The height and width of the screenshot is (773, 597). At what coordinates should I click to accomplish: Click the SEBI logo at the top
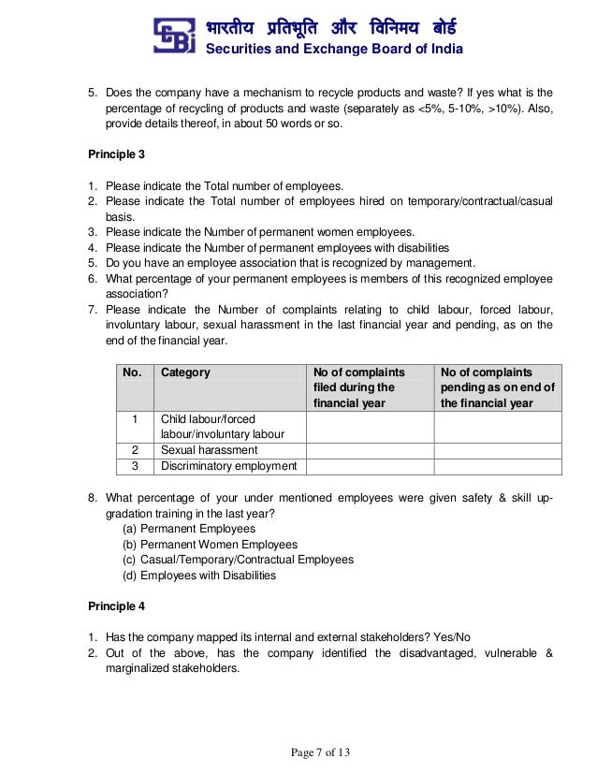point(177,37)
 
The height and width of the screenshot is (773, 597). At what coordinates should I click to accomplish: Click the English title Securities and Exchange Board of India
point(333,50)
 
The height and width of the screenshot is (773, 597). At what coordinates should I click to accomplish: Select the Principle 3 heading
point(116,153)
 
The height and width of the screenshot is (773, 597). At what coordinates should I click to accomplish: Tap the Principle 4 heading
point(116,606)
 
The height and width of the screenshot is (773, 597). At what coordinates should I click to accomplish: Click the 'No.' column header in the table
point(133,372)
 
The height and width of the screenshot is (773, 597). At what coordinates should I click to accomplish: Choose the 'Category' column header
point(185,372)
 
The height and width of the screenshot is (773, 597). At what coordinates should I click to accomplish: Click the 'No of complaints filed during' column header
point(354,387)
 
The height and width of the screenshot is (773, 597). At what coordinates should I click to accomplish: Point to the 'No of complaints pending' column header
point(497,387)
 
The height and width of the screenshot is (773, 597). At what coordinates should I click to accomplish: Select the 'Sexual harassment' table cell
point(209,450)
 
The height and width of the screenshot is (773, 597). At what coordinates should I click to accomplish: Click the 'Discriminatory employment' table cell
point(228,466)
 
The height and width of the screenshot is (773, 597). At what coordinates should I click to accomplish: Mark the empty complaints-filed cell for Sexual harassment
point(370,450)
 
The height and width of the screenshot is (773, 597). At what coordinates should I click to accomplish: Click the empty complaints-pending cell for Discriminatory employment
point(497,466)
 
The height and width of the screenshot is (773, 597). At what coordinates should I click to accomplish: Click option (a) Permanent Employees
point(189,529)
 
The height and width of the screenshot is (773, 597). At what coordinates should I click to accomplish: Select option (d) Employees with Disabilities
point(199,576)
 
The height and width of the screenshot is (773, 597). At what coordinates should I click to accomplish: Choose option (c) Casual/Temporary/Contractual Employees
point(239,560)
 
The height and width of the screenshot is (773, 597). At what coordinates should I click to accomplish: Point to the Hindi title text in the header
point(333,26)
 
